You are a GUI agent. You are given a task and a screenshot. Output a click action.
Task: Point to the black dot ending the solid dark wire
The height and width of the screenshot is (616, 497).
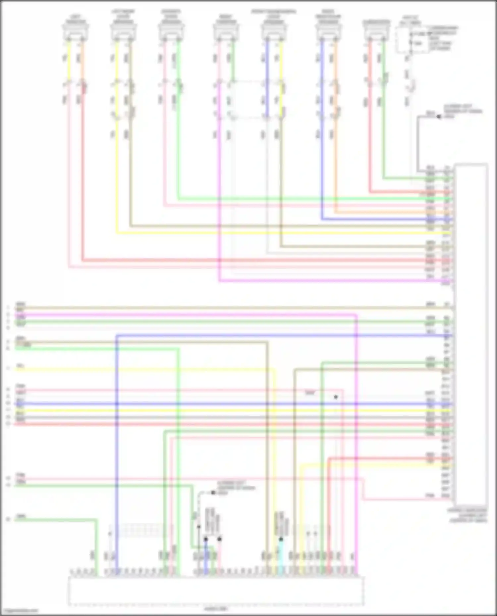click(x=439, y=117)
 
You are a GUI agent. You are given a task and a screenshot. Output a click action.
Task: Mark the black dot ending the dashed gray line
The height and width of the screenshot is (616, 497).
click(x=213, y=493)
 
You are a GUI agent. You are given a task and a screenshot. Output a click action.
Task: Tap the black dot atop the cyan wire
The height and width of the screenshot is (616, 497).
click(x=281, y=539)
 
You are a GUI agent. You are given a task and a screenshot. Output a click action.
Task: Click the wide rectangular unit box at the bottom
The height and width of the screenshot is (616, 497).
click(x=216, y=591)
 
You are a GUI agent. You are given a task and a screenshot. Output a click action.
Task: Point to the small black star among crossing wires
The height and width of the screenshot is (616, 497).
click(x=336, y=397)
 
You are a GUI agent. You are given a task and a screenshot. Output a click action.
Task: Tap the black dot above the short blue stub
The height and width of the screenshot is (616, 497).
click(x=206, y=539)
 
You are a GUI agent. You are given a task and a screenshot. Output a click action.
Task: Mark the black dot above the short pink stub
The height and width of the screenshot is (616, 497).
click(x=219, y=539)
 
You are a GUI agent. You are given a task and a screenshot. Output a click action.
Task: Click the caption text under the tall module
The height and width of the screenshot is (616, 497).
click(x=468, y=516)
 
